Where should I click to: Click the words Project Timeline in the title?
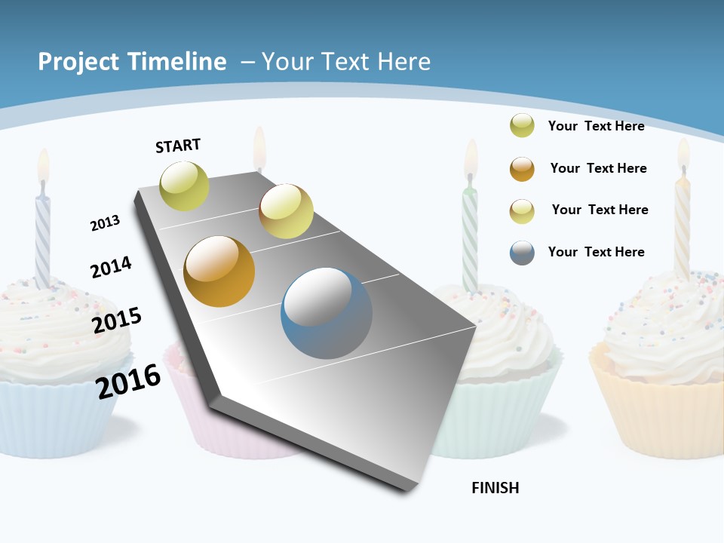pos(132,62)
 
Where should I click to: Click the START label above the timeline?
pos(178,146)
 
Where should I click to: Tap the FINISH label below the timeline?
pos(495,488)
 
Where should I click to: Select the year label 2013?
pos(105,222)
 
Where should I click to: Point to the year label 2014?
pos(111,267)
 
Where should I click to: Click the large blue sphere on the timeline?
pos(327,313)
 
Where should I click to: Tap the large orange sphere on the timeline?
pos(219,271)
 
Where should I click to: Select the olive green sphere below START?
pos(184,186)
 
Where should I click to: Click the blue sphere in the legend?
pos(522,253)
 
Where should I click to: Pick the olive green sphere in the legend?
pos(522,125)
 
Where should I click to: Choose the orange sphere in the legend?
pos(522,169)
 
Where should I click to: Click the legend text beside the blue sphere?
pos(596,252)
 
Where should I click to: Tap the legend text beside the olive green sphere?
pos(596,126)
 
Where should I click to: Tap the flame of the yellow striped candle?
pos(683,155)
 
